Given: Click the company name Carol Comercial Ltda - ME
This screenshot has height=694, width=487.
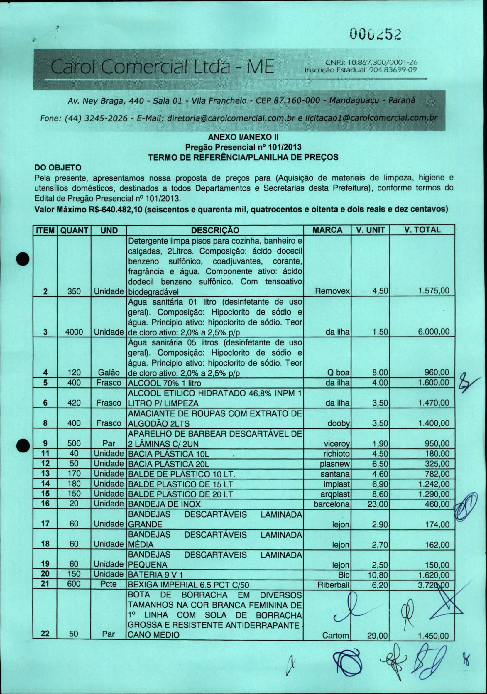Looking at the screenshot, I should (163, 67).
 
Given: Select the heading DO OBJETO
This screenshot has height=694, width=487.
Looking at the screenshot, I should (58, 168).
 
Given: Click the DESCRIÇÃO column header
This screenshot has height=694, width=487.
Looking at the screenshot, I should (215, 230).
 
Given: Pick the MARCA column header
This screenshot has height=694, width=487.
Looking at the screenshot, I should (327, 230).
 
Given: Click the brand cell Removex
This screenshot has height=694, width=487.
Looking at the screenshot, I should (332, 291).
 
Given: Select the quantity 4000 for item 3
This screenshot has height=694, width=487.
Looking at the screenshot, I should (74, 332).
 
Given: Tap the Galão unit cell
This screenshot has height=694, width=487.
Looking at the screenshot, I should (109, 372).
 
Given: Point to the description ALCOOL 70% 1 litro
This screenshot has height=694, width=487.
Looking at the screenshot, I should (165, 383).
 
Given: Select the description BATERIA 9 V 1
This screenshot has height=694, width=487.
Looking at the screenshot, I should (155, 575).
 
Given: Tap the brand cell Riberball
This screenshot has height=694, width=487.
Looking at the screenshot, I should (333, 585).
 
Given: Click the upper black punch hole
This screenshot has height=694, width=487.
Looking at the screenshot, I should (23, 259).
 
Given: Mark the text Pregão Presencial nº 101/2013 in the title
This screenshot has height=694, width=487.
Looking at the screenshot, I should (243, 147).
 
